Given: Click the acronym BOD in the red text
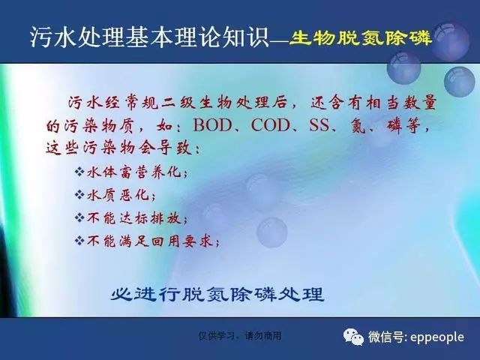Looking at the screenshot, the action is coord(212,125).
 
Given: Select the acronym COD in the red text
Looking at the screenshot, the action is coord(270,125).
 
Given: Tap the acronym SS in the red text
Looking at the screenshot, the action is coord(319,125).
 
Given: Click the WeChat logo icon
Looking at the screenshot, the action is coord(353,337).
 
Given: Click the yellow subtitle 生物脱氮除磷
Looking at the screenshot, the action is coord(360,38).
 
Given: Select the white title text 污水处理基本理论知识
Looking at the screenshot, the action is coord(149,37).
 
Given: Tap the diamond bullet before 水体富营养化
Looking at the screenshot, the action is coord(79,172).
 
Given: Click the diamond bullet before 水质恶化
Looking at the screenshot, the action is coord(79,195).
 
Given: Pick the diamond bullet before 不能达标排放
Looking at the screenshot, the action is coord(79,218).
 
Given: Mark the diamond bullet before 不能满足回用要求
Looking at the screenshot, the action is coord(79,241).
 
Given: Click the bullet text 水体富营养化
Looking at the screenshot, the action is coord(134,172).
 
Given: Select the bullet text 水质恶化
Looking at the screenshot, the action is coord(118,195).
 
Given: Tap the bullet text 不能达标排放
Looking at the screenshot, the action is coord(134,218).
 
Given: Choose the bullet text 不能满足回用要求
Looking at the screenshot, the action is coord(150,241).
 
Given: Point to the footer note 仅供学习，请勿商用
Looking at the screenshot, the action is coord(240,336).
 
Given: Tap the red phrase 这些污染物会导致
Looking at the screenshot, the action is coord(119,148).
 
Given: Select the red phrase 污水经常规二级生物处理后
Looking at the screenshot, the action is coord(177,103).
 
